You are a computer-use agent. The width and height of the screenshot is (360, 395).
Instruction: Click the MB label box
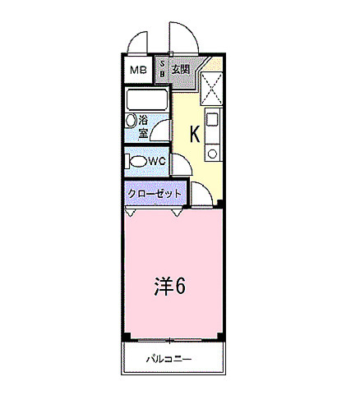tap(137, 70)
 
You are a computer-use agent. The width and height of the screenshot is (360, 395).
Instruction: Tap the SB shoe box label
tap(162, 69)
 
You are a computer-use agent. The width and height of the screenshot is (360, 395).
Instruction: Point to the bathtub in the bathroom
tap(146, 100)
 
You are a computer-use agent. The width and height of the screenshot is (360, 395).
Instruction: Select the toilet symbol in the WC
tap(137, 161)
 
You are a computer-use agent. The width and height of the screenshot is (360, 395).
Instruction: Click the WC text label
tap(158, 161)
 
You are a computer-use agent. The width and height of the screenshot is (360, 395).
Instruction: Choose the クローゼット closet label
tap(154, 193)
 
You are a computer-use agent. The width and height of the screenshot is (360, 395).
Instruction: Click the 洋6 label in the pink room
tap(170, 286)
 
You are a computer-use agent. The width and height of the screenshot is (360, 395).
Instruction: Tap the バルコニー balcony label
tap(170, 359)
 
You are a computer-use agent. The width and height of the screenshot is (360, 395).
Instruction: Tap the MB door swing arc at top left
tap(136, 41)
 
